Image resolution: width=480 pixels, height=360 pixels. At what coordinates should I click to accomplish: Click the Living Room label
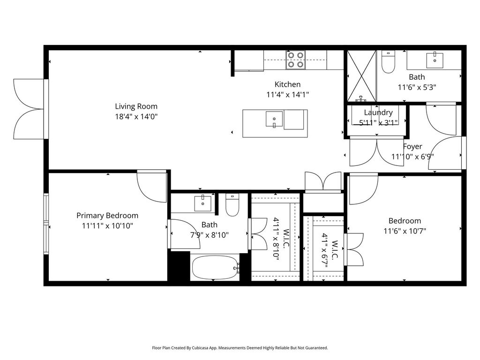click(x=136, y=106)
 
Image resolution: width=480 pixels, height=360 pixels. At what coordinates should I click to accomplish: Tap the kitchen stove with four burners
click(x=296, y=60)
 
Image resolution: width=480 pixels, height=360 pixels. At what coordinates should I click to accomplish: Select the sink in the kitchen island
click(x=274, y=119)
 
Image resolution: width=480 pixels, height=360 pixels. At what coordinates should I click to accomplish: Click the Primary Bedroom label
click(x=107, y=216)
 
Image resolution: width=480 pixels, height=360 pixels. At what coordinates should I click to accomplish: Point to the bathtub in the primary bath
click(x=215, y=268)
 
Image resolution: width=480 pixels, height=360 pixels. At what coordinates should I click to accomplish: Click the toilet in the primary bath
click(x=232, y=205)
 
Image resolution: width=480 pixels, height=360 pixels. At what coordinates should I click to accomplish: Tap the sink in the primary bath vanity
click(x=202, y=203)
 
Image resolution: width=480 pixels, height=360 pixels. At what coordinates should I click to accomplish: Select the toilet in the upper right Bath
click(x=389, y=62)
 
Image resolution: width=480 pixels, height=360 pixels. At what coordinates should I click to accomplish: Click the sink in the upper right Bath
click(x=435, y=60)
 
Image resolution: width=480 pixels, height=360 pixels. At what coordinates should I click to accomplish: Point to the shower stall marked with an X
click(x=361, y=76)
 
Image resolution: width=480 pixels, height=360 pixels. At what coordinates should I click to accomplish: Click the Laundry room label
click(x=378, y=112)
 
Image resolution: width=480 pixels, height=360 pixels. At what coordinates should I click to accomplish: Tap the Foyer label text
click(x=412, y=146)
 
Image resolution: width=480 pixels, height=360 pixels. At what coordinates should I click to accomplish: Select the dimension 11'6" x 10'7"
click(x=405, y=231)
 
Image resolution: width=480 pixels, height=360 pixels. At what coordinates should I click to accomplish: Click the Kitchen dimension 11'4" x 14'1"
click(x=287, y=95)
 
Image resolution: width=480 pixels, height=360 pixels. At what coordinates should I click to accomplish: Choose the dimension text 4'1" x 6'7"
click(x=325, y=250)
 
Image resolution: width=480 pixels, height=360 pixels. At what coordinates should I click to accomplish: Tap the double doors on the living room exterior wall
click(x=29, y=109)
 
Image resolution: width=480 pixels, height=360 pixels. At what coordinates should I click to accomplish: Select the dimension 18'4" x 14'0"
click(x=136, y=117)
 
